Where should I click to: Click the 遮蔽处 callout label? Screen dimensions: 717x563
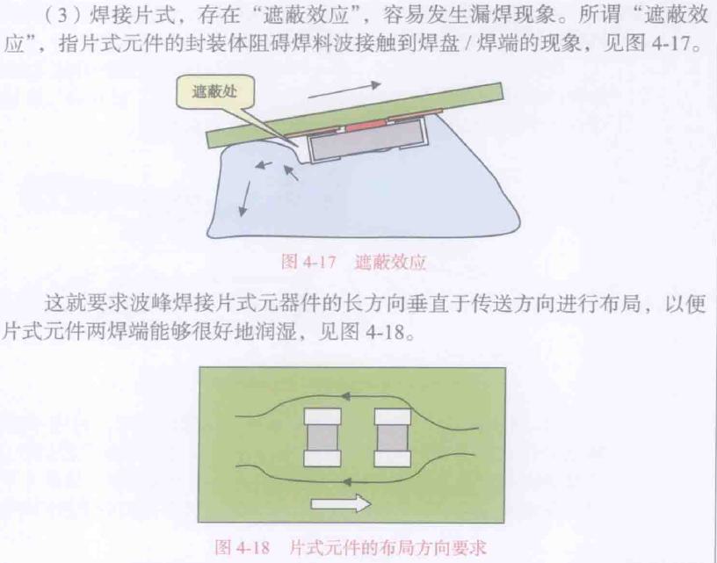[x=215, y=92]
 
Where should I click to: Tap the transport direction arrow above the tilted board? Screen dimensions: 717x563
[x=344, y=90]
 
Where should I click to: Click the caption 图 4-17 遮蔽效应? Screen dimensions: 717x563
[x=353, y=262]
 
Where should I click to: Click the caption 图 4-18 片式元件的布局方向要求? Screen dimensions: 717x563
[x=351, y=546]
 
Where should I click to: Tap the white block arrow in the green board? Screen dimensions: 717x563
[x=340, y=503]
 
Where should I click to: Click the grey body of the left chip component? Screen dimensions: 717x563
[x=322, y=437]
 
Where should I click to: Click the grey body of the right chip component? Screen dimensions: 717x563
[x=393, y=437]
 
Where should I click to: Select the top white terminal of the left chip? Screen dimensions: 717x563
[x=322, y=416]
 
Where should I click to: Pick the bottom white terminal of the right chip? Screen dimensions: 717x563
[x=393, y=458]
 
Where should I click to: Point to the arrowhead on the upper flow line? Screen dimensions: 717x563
[x=346, y=396]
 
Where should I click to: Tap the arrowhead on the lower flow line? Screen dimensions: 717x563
[x=347, y=481]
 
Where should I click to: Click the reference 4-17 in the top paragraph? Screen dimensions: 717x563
[x=670, y=43]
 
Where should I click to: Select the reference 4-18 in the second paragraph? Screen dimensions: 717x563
[x=385, y=332]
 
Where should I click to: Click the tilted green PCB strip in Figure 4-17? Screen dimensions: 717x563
[x=355, y=115]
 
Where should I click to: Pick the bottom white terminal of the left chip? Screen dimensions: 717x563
[x=322, y=458]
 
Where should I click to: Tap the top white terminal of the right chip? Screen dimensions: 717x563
[x=393, y=416]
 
